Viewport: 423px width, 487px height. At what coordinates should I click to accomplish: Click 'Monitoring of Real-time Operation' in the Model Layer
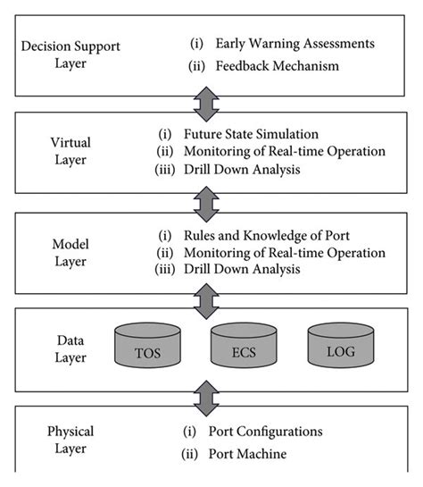(x=283, y=253)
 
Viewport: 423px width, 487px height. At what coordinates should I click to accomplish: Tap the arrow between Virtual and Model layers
(x=206, y=205)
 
